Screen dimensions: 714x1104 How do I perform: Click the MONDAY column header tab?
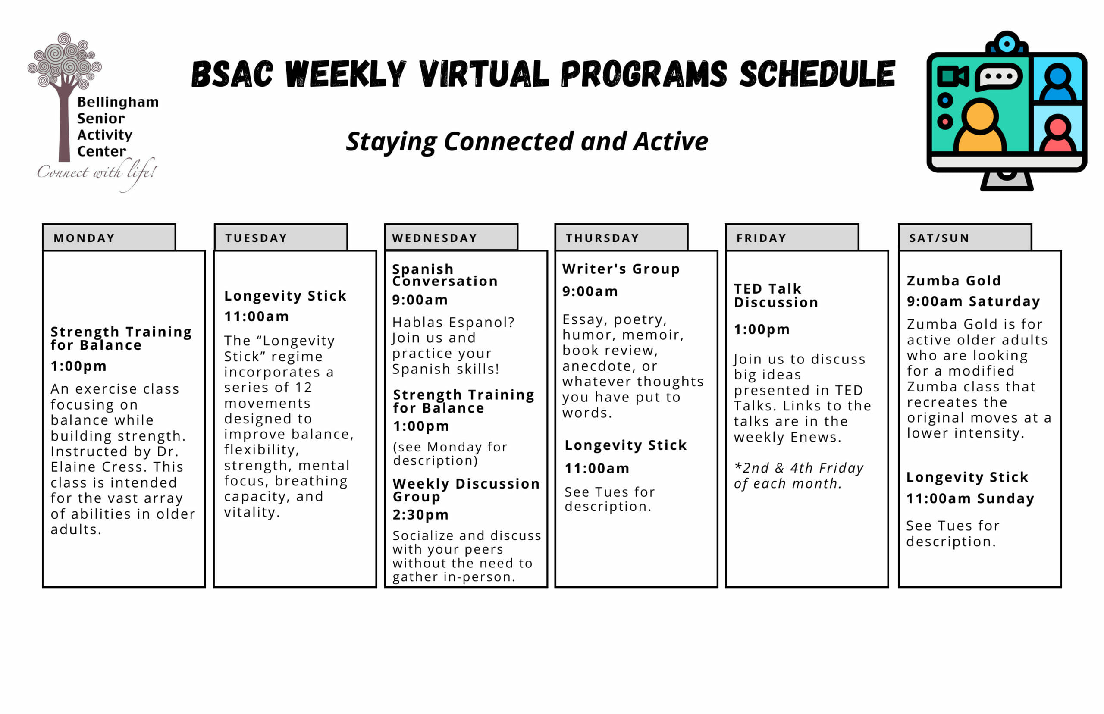(109, 238)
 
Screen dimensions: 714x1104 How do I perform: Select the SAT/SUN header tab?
(964, 238)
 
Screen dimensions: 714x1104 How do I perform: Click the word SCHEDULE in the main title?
(816, 74)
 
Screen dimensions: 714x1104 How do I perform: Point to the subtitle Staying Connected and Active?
(527, 141)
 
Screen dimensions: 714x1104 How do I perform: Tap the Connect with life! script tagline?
(97, 172)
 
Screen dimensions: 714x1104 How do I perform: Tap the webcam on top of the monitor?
(1006, 44)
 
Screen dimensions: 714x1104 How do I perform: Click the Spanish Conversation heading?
(444, 275)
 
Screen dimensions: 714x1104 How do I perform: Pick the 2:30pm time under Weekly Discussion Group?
(420, 515)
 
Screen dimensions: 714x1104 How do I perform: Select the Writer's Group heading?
(621, 269)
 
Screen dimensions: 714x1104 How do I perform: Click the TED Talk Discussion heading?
(775, 295)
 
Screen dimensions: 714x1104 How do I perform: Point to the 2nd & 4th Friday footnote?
(798, 476)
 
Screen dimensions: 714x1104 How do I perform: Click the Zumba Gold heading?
(953, 281)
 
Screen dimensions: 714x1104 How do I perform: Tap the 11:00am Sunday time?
(970, 498)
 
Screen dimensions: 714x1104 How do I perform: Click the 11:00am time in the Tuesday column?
(257, 316)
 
